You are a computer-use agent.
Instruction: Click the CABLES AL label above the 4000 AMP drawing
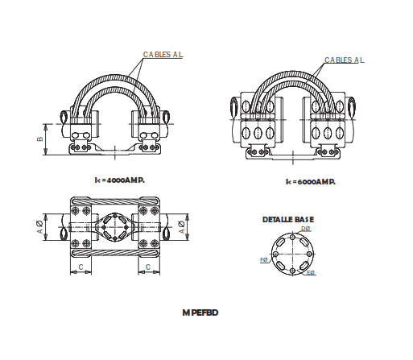(163, 55)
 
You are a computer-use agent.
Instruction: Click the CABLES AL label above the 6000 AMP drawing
(345, 60)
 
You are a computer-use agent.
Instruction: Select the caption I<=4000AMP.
(119, 180)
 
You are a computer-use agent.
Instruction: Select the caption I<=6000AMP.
(310, 182)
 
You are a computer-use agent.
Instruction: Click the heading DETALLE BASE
(288, 219)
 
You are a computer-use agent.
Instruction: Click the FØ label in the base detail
(263, 260)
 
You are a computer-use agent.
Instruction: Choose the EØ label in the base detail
(311, 274)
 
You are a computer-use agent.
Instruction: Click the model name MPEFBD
(200, 312)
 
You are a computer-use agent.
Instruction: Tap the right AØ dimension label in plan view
(182, 227)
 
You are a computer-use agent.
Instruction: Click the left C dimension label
(81, 265)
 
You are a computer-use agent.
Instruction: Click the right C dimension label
(147, 265)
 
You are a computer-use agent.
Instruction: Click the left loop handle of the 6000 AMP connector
(233, 107)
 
